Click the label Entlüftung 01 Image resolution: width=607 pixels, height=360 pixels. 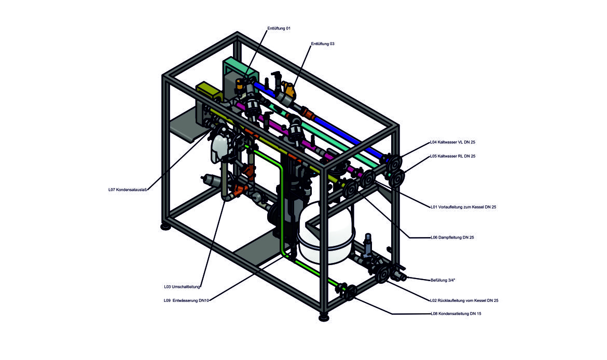click(279, 28)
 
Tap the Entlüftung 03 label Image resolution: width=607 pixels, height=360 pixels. click(322, 44)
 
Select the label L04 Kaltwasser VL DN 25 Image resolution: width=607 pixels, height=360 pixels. click(452, 142)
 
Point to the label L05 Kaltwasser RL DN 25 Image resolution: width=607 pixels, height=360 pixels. click(452, 156)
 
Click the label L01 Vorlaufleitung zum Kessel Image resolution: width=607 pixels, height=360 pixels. click(463, 207)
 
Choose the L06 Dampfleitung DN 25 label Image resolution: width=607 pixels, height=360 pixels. click(452, 238)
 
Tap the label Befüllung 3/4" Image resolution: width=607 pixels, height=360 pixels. click(443, 280)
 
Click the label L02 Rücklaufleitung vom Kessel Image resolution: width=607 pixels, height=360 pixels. click(464, 300)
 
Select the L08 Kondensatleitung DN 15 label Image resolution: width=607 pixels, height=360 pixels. click(456, 314)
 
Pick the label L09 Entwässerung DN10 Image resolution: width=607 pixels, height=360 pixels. click(186, 300)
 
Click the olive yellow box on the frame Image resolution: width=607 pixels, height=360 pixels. click(208, 90)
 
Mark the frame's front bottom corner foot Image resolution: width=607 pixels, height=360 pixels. click(323, 315)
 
